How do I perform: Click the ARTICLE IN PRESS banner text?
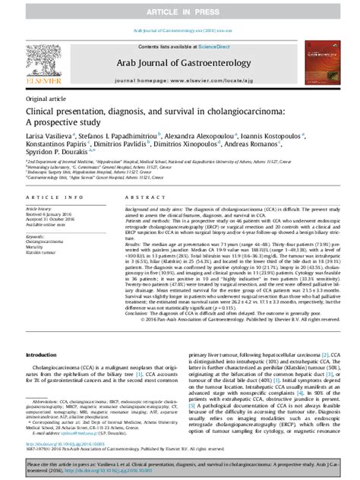(179, 8)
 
